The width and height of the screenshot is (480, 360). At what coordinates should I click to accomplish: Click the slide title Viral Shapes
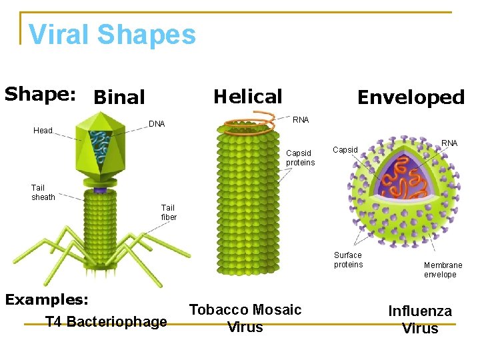coord(113,35)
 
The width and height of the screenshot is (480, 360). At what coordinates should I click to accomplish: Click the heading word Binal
coord(119,97)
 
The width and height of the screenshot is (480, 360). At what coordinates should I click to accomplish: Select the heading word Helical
coord(247,97)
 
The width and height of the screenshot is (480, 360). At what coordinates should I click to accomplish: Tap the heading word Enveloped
coord(411,97)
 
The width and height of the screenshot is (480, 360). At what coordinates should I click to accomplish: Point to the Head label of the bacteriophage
coord(43,131)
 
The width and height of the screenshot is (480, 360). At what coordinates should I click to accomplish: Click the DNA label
coord(157,124)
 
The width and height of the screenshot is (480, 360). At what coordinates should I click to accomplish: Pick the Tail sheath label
coord(43,192)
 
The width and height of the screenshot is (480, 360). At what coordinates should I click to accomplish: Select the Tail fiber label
coord(169,212)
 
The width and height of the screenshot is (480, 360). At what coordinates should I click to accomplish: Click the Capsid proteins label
coord(300,158)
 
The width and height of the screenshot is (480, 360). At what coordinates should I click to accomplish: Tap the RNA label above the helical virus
coord(301,120)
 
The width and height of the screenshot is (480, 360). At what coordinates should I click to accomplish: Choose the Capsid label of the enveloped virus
coord(345,150)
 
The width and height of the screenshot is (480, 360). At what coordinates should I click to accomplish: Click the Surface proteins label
coord(348,260)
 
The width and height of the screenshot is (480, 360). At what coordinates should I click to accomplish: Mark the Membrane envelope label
coord(443,270)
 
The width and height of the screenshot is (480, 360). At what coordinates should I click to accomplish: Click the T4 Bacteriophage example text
coord(106,322)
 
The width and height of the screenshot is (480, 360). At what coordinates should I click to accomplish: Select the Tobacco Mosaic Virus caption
coord(245,318)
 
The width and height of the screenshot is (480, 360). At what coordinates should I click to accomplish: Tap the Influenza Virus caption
coord(420,319)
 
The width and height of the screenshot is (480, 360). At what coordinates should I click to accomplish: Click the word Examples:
coord(47,299)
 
